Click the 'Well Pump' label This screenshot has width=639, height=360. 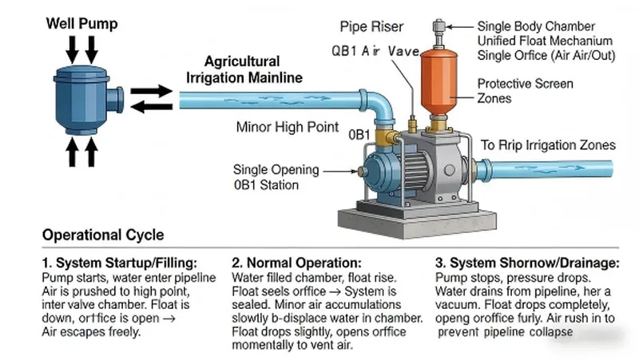81,24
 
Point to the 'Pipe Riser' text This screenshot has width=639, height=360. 372,26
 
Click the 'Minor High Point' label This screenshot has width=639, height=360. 288,127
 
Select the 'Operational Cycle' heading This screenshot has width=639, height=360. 103,235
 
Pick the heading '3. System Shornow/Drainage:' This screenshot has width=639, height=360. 526,262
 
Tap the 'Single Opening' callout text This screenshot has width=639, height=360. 276,169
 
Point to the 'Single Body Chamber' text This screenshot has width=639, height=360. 537,26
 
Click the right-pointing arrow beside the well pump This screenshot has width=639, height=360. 150,92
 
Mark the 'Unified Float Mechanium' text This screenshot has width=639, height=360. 545,41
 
